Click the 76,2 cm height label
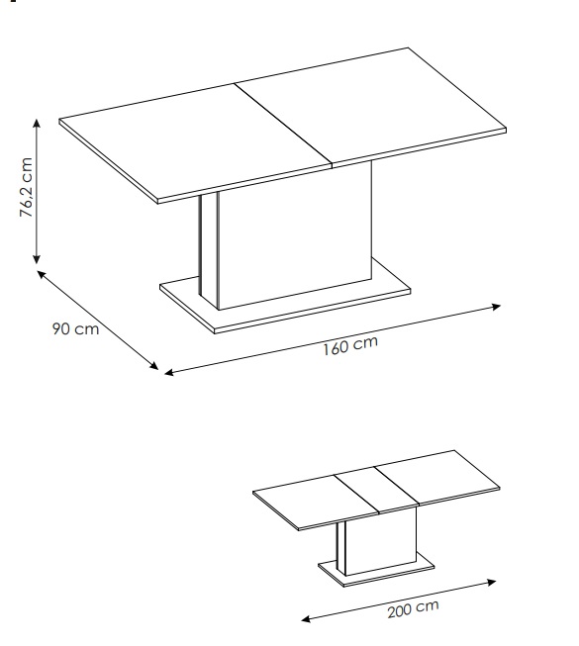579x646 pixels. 26,187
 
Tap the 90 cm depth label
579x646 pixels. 76,328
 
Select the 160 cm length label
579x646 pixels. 349,345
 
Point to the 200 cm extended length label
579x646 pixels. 413,609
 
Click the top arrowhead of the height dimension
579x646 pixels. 37,123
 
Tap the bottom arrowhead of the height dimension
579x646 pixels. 37,259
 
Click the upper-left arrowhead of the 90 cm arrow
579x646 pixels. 41,274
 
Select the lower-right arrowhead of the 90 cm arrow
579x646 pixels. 154,365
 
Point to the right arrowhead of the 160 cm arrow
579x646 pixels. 497,307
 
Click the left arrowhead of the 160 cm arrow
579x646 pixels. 169,372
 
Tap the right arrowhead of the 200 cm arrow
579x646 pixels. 492,582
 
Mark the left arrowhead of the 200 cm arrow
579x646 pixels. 306,619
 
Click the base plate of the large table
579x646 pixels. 284,304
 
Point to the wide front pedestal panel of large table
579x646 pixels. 295,234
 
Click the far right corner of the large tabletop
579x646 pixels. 506,129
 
